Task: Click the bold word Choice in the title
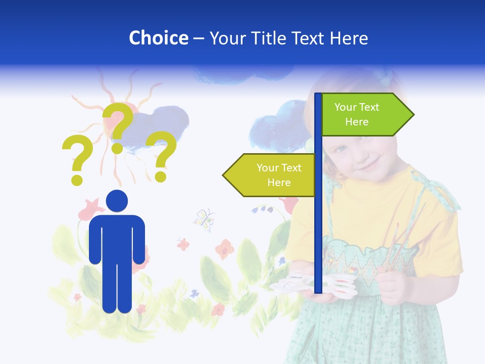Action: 158,38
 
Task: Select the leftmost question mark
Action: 77,159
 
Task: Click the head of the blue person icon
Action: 117,201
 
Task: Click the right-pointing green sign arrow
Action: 366,115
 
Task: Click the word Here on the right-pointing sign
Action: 357,122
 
